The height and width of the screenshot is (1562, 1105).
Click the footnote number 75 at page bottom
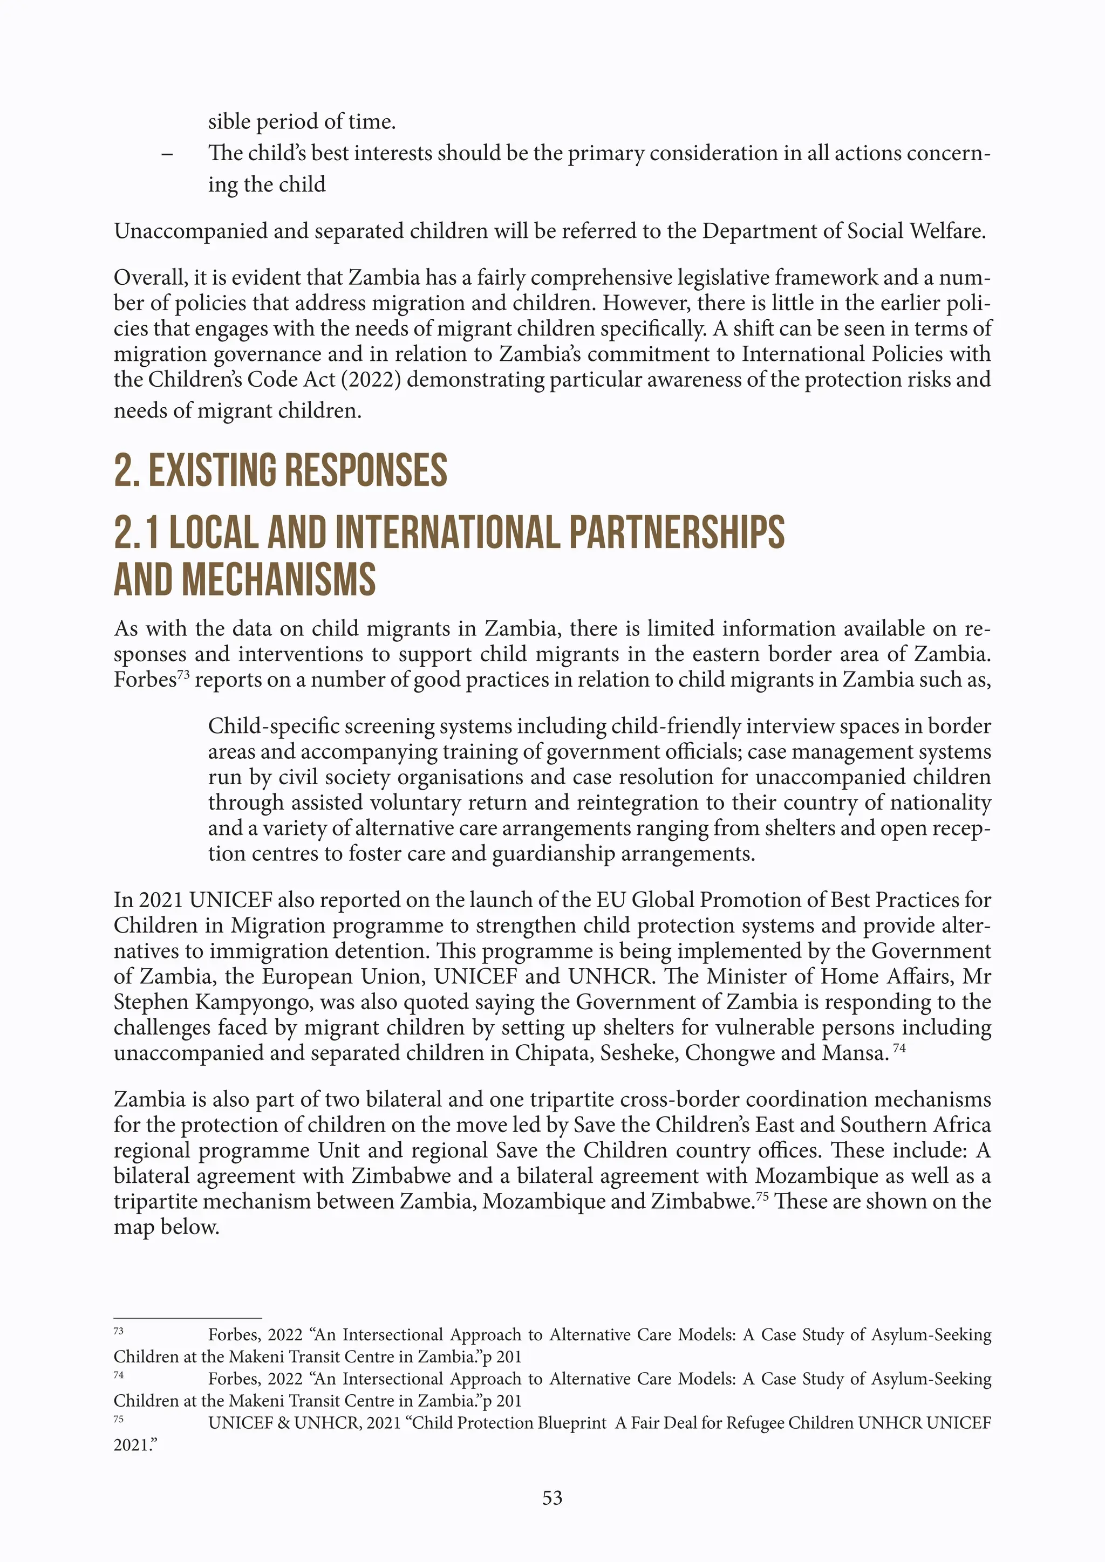(x=118, y=1419)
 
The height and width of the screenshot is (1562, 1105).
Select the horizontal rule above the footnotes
(x=188, y=1318)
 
